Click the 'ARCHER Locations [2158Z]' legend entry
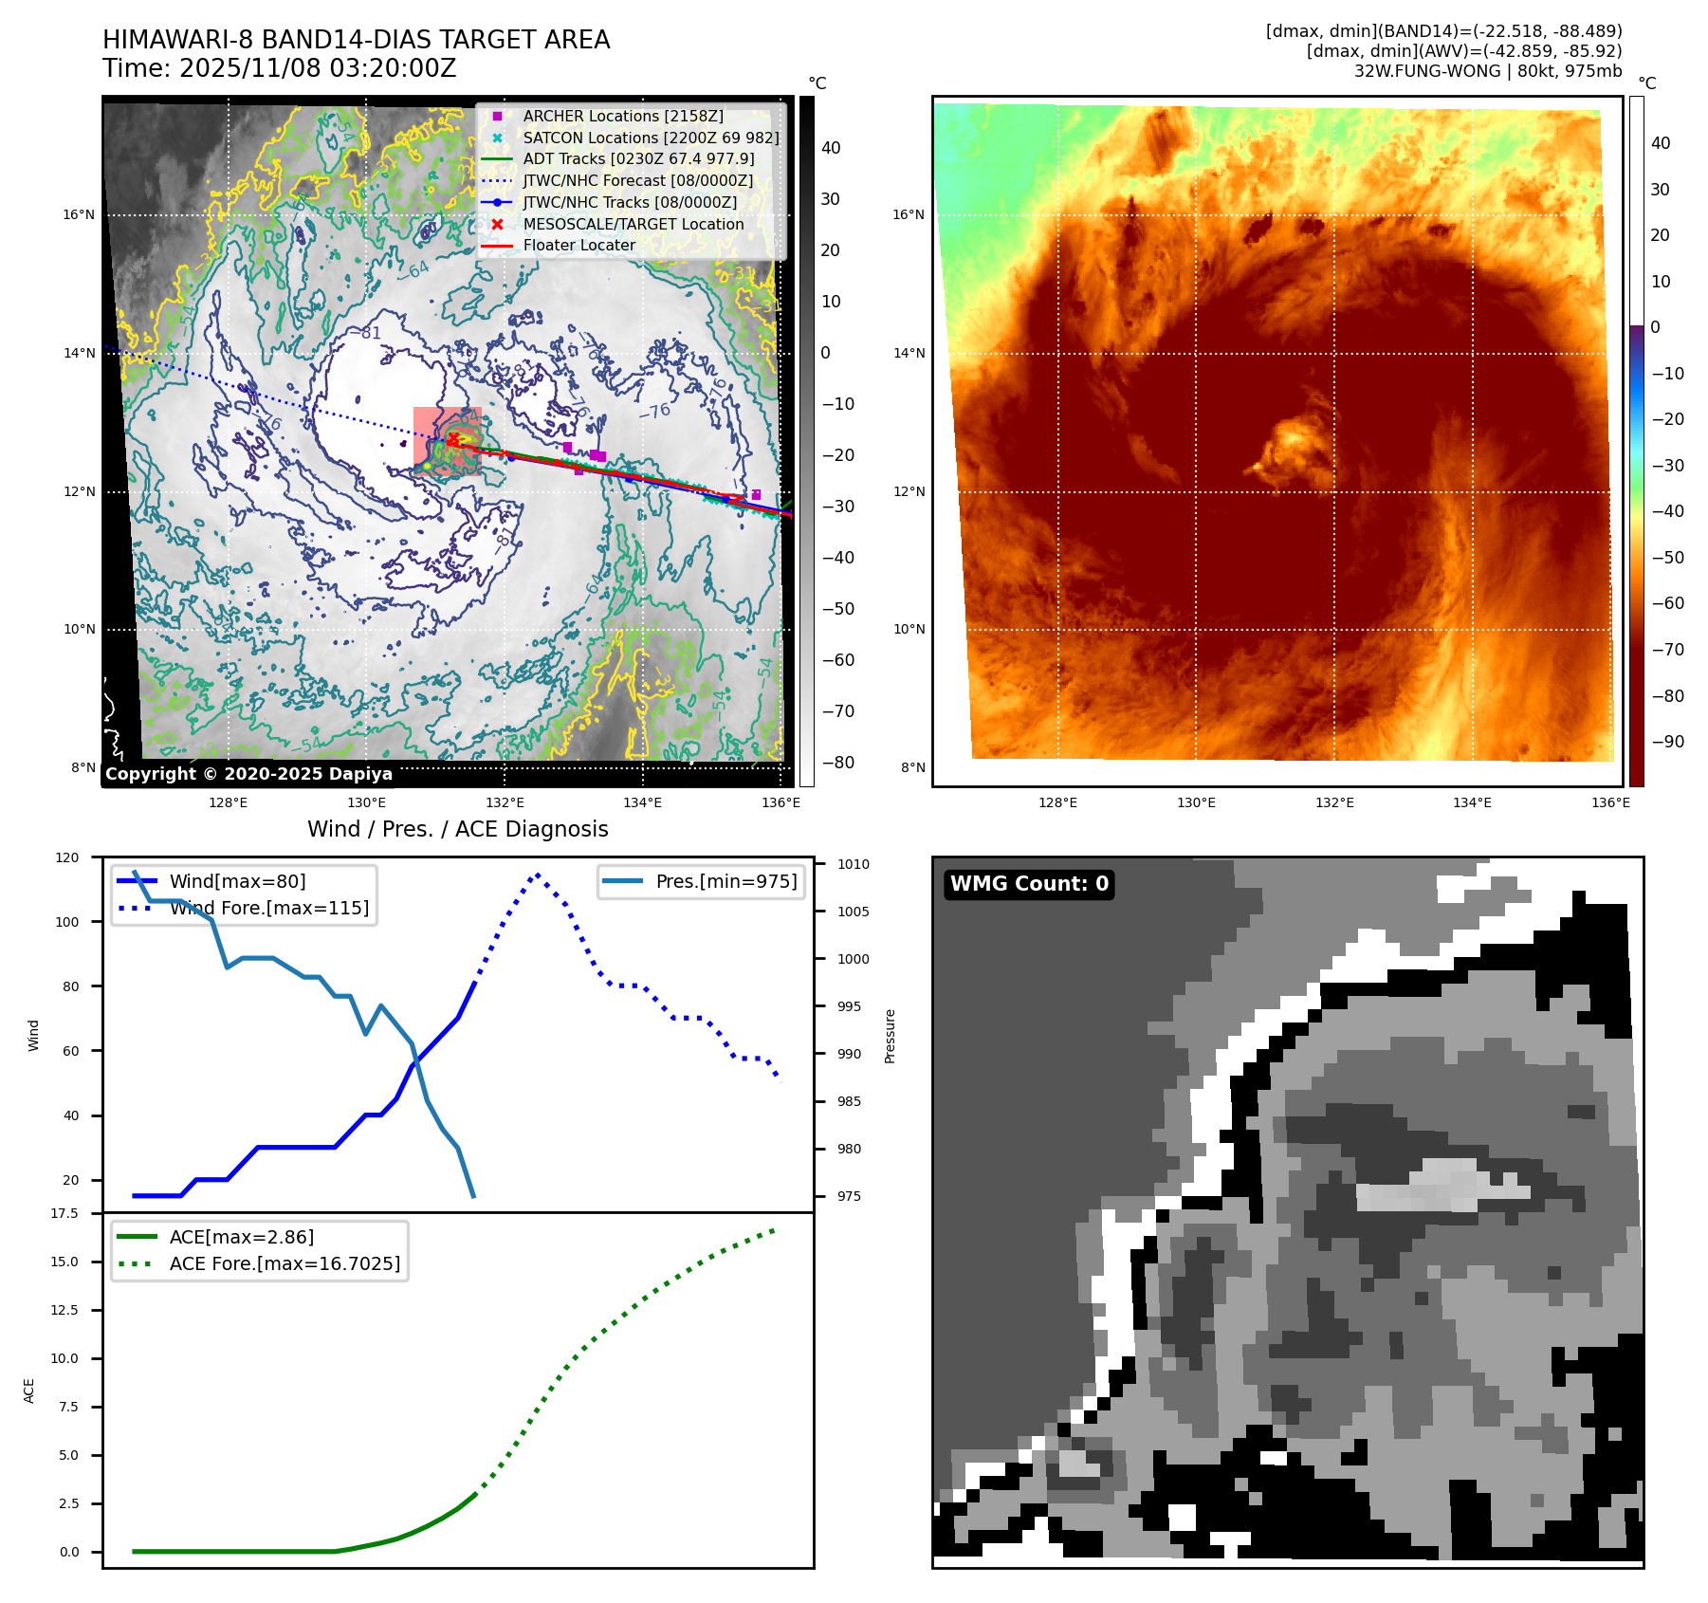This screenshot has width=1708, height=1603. [x=622, y=116]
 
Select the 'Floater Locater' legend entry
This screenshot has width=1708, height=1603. [x=579, y=245]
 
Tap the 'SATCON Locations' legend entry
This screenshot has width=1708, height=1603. [x=651, y=138]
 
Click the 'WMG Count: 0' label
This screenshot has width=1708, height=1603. [x=1029, y=884]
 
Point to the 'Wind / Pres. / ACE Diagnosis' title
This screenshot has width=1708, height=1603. [x=457, y=829]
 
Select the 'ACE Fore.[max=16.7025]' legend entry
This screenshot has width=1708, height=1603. [x=285, y=1263]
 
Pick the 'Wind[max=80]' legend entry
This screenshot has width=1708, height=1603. [x=237, y=881]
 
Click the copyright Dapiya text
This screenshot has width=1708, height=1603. [x=248, y=774]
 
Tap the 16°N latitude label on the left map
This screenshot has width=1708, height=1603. [x=79, y=214]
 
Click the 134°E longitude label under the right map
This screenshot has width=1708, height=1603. [x=1472, y=802]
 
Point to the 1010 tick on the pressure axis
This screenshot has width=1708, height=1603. [x=853, y=864]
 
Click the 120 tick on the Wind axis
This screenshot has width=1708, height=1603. [x=67, y=857]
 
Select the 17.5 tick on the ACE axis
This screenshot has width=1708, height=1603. [x=64, y=1213]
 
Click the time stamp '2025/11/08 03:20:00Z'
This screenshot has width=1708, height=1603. [x=318, y=68]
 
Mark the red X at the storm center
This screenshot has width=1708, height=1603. [x=453, y=438]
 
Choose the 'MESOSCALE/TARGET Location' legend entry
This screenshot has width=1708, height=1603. [x=633, y=224]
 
